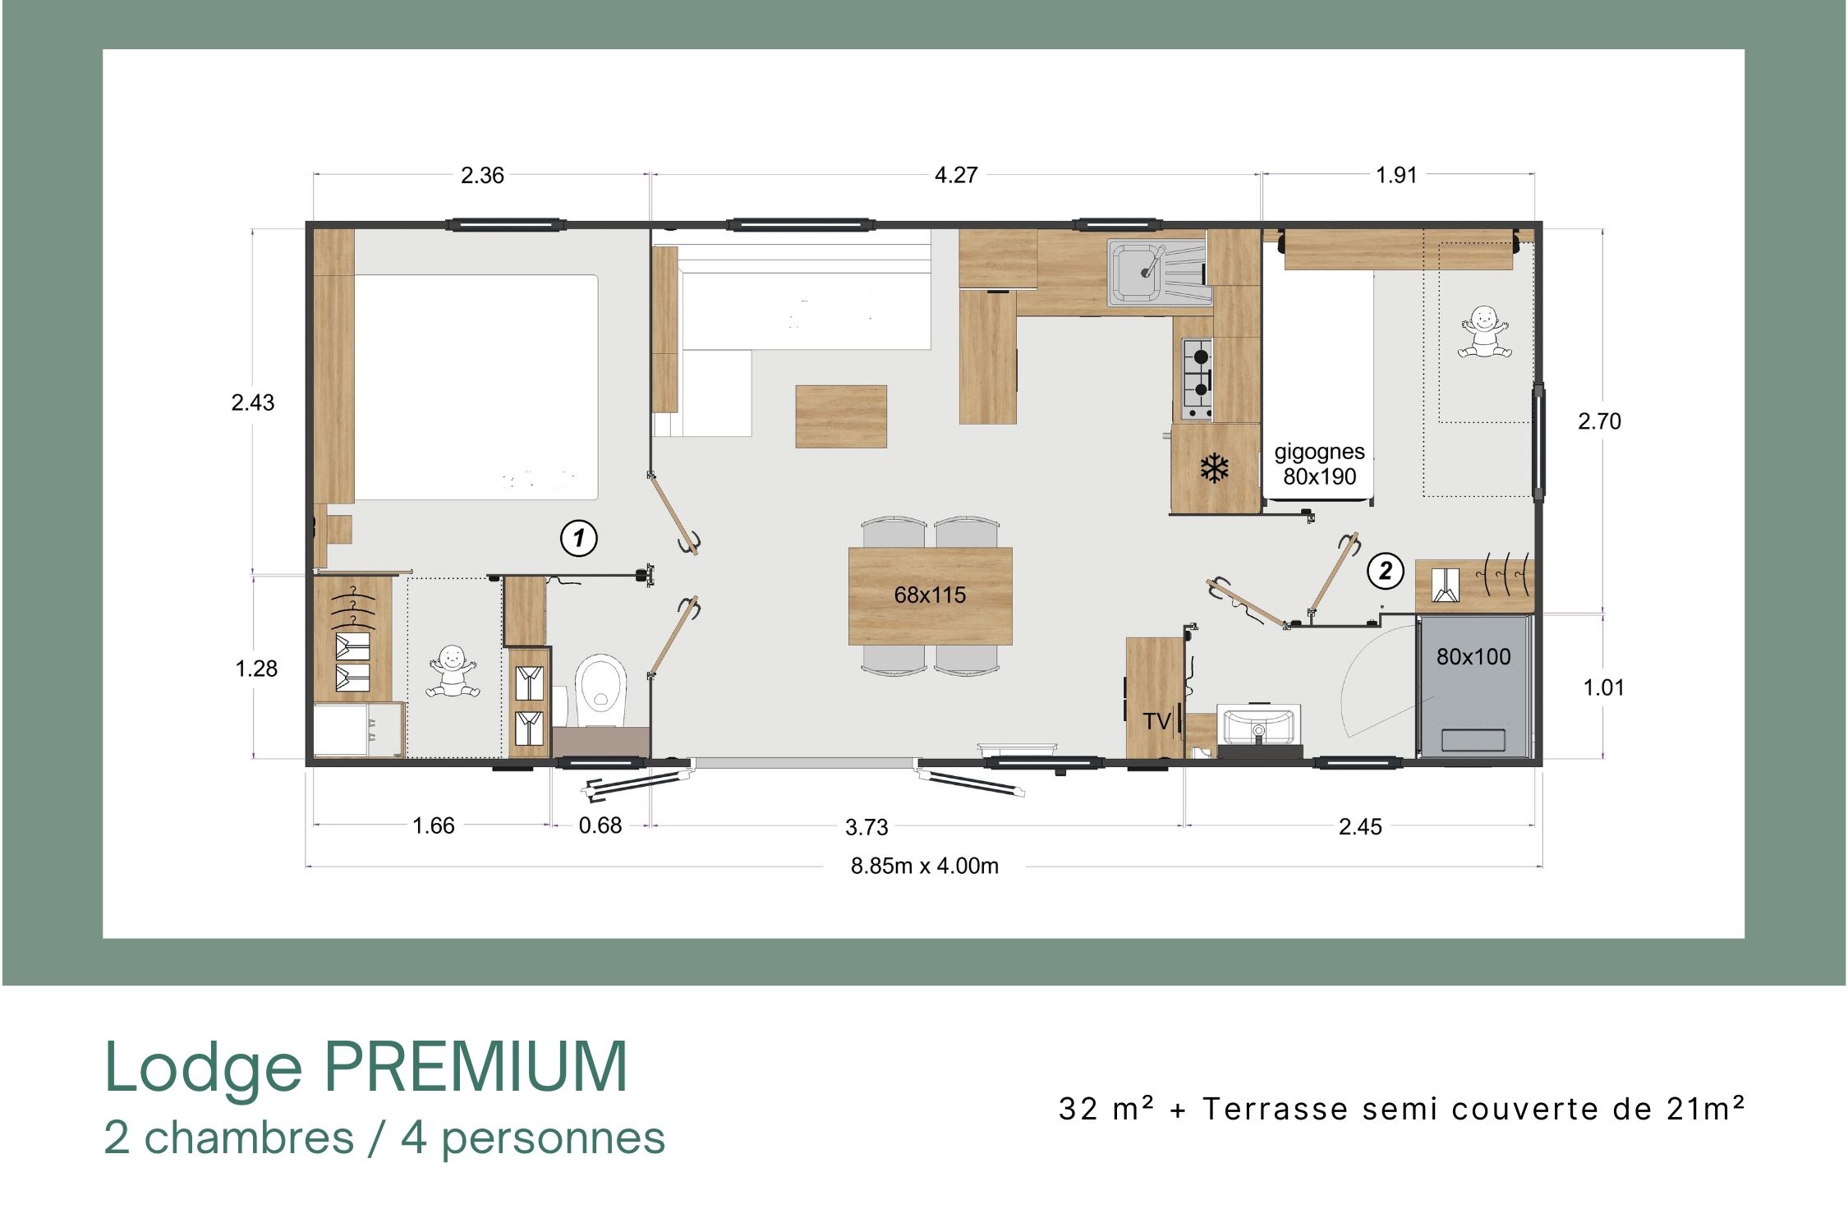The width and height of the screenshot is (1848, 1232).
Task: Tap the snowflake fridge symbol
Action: click(1214, 469)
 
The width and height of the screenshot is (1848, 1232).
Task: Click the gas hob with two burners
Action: click(1198, 378)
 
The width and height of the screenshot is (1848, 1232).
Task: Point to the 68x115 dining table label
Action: click(930, 595)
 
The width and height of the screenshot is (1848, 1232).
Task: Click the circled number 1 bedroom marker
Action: click(578, 538)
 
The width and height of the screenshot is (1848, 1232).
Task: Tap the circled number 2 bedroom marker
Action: click(1385, 571)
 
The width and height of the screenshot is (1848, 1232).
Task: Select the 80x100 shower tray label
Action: click(1473, 656)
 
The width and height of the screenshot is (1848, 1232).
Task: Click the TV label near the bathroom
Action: click(1156, 721)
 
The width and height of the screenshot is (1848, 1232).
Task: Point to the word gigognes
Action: click(1319, 452)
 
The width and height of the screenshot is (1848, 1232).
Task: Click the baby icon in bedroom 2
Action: click(1484, 333)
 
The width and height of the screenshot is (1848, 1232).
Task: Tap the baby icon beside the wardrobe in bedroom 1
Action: click(452, 672)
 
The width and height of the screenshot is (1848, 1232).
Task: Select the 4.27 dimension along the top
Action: click(956, 175)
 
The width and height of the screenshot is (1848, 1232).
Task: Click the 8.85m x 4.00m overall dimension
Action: click(924, 866)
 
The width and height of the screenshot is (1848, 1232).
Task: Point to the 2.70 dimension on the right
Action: click(1599, 421)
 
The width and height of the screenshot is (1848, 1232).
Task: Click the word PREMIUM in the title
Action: click(476, 1066)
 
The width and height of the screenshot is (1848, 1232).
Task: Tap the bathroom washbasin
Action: click(1258, 725)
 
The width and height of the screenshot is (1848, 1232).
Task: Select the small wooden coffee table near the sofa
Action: click(841, 416)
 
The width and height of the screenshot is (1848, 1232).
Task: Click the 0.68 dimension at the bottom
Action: click(600, 825)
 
